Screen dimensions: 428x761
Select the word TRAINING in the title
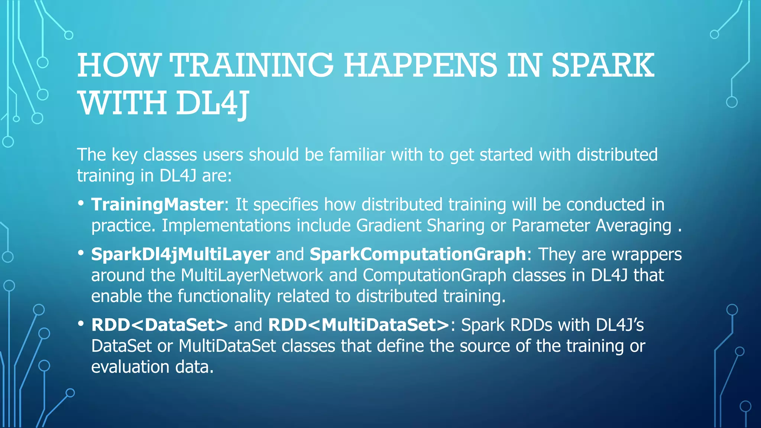pyautogui.click(x=252, y=65)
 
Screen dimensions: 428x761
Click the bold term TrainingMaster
pyautogui.click(x=158, y=205)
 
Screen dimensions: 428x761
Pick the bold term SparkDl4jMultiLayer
pyautogui.click(x=181, y=254)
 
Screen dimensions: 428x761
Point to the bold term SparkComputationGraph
pyautogui.click(x=418, y=254)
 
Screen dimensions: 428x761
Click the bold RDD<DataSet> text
pyautogui.click(x=159, y=325)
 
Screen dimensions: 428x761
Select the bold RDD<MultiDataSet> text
pyautogui.click(x=359, y=325)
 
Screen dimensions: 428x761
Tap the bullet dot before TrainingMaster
pyautogui.click(x=81, y=204)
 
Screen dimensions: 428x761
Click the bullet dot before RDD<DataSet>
pyautogui.click(x=81, y=324)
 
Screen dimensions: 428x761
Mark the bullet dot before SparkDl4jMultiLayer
pyautogui.click(x=81, y=253)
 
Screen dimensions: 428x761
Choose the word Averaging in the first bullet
pyautogui.click(x=634, y=226)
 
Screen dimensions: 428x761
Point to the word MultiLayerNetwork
pyautogui.click(x=252, y=275)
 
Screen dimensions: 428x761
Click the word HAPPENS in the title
pyautogui.click(x=420, y=65)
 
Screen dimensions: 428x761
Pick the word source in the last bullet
pyautogui.click(x=484, y=346)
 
